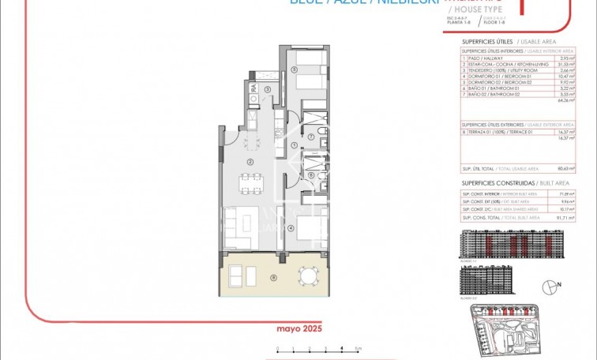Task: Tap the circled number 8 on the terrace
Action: (273, 277)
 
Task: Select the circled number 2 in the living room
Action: (250, 161)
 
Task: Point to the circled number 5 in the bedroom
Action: (294, 69)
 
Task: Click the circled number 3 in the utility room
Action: (268, 89)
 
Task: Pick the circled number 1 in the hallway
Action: (293, 145)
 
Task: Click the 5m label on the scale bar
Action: (358, 349)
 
